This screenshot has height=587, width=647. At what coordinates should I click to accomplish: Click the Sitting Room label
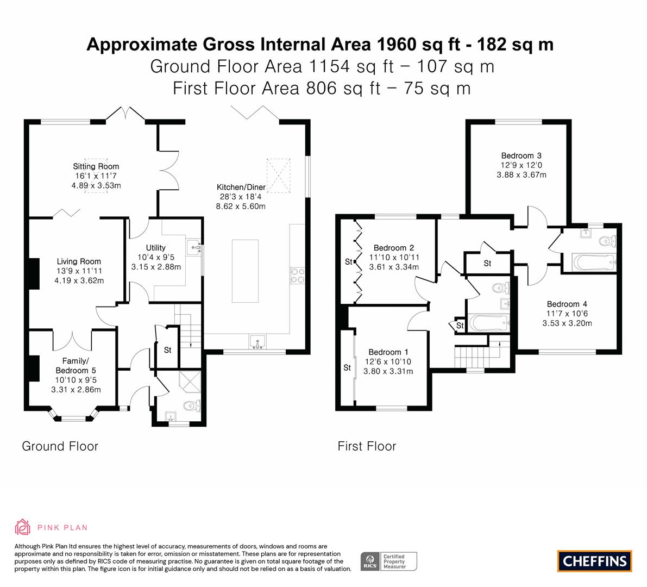[96, 166]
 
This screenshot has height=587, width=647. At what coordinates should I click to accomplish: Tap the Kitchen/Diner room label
[241, 187]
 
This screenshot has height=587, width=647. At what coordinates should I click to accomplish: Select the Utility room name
[155, 248]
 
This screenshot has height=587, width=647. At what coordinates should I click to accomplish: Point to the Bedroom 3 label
[521, 155]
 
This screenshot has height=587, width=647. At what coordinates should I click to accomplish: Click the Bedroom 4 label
[567, 304]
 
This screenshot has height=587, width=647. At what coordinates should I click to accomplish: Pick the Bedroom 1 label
[388, 352]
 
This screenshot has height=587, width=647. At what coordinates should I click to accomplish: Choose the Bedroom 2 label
[394, 248]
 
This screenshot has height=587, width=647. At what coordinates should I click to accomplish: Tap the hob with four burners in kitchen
[297, 276]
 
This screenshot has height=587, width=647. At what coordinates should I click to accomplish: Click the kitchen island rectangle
[245, 271]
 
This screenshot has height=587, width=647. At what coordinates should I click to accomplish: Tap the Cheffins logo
[595, 561]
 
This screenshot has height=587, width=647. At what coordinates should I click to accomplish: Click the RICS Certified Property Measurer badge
[389, 561]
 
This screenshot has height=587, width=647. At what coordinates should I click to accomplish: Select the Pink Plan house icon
[23, 527]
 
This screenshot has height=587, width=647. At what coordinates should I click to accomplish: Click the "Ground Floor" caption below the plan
[60, 446]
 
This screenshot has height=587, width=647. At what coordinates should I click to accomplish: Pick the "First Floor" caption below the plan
[367, 446]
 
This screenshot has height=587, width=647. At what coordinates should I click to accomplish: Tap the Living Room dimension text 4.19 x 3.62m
[79, 280]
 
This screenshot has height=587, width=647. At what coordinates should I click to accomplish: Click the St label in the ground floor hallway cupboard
[167, 350]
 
